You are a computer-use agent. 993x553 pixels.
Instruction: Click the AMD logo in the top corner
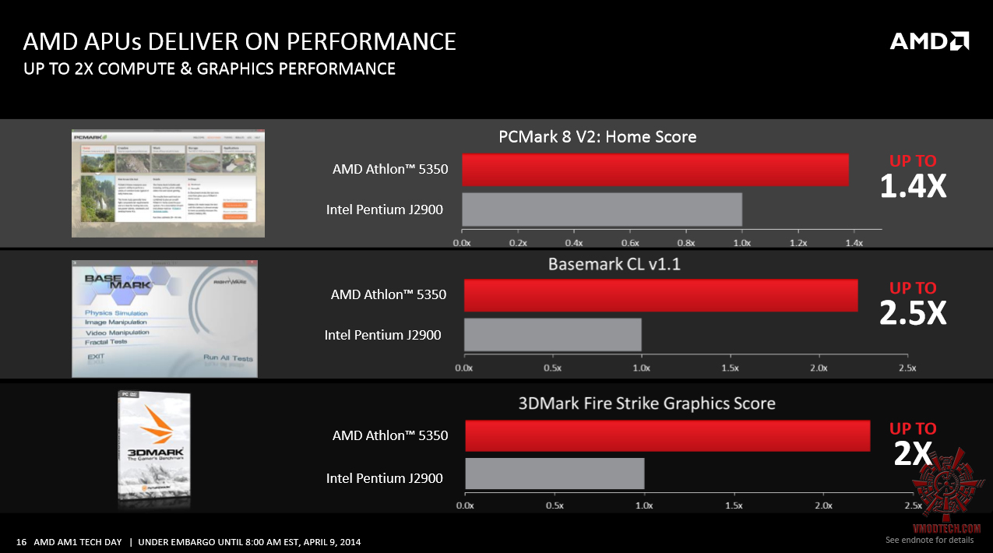[929, 41]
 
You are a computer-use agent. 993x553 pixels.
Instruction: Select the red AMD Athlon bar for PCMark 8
[655, 170]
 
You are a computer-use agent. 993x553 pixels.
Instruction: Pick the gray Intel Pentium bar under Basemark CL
[552, 334]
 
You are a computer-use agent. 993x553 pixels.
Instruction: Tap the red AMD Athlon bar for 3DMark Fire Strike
[667, 435]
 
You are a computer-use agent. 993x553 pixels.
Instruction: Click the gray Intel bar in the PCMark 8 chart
[601, 210]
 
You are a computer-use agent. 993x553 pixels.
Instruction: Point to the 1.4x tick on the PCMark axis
[854, 243]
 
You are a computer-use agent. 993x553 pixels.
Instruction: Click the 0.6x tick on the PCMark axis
[630, 243]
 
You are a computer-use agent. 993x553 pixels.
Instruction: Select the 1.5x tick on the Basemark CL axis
[730, 368]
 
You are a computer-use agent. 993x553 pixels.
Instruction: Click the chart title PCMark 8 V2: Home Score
[597, 137]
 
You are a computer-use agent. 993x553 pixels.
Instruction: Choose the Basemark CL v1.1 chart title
[614, 264]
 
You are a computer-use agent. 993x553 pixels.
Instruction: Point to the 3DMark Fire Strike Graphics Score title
[646, 403]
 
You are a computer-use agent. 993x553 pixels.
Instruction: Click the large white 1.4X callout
[913, 186]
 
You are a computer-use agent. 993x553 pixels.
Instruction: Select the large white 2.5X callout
[913, 313]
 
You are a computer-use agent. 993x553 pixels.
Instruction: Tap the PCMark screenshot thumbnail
[168, 184]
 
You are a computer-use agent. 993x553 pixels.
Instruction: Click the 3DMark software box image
[154, 449]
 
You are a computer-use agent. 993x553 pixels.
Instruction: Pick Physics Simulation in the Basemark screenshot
[116, 313]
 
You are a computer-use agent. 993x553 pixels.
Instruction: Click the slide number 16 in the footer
[21, 542]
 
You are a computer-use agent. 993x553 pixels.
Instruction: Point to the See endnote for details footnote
[929, 540]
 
